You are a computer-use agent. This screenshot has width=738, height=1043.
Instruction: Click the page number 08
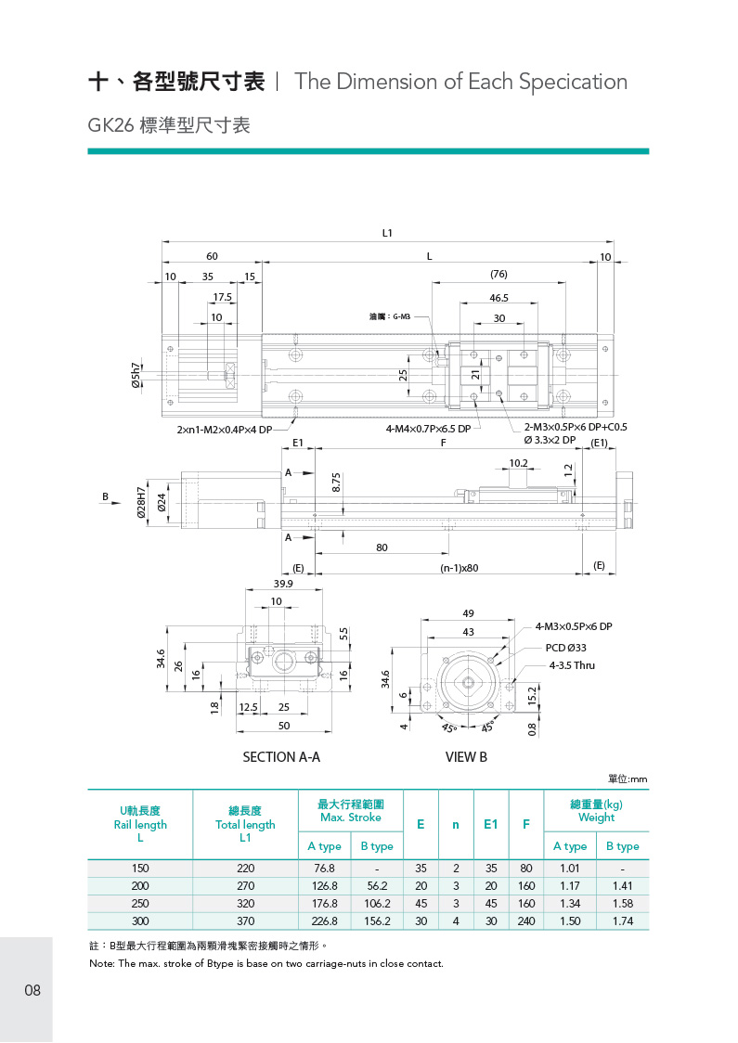32,990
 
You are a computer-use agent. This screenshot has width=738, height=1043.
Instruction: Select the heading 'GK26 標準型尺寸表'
169,125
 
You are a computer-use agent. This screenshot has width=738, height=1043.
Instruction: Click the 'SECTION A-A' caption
281,757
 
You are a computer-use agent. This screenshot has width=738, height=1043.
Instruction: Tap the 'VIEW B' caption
466,757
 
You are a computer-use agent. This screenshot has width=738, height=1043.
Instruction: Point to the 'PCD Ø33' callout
565,647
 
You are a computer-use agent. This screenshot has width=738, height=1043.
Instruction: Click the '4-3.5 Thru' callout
572,665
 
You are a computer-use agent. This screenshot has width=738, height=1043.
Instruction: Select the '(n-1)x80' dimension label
459,568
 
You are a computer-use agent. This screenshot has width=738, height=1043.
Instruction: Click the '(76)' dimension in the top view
498,275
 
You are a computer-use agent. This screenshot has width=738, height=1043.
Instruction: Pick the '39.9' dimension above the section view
283,584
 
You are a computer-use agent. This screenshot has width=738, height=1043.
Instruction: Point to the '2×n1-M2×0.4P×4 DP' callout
225,430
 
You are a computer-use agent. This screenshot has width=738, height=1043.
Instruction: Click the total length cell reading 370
245,921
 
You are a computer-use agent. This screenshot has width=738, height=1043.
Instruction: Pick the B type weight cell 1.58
622,904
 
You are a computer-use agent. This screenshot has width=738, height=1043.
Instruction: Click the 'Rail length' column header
140,824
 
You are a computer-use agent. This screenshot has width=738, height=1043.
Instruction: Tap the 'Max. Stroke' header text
350,818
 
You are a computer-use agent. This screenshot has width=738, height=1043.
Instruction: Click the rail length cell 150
140,869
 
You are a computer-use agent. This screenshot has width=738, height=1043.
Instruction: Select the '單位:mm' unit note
627,778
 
